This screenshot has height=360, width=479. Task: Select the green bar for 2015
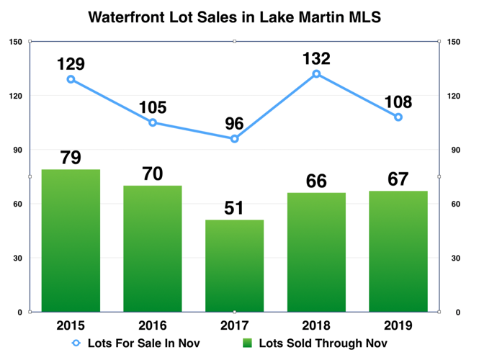[x=71, y=240]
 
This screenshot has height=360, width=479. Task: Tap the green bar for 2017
[x=234, y=266]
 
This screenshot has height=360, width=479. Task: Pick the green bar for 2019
[x=398, y=251]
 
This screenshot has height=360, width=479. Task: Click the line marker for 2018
[x=316, y=74]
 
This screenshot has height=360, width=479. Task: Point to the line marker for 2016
[x=153, y=122]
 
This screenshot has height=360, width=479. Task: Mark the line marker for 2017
[x=234, y=139]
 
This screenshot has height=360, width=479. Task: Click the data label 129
[x=71, y=63]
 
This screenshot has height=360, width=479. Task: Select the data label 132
[x=316, y=58]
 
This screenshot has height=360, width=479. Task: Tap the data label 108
[x=398, y=101]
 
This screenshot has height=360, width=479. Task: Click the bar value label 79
[x=71, y=157]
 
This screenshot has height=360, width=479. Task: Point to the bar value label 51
[x=234, y=207]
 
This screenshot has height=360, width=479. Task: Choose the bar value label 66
[x=316, y=180]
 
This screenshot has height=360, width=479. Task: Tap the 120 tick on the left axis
[x=14, y=96]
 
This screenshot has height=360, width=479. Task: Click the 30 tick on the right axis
[x=453, y=258]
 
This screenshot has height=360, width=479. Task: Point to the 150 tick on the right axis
[x=455, y=42]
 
